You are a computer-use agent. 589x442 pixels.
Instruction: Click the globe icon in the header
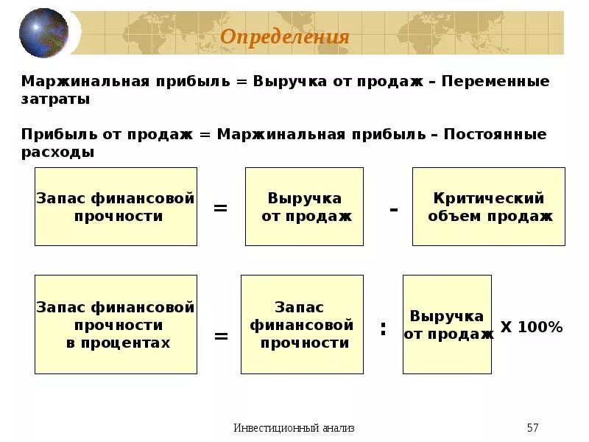click(43, 32)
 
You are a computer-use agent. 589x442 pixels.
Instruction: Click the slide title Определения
click(285, 36)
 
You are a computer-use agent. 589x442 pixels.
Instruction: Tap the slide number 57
click(533, 428)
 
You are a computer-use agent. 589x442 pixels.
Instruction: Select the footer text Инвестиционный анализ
click(294, 428)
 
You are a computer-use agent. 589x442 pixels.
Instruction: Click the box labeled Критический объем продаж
click(488, 207)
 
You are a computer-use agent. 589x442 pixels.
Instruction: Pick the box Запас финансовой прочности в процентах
click(116, 324)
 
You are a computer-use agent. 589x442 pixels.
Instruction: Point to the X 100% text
click(532, 327)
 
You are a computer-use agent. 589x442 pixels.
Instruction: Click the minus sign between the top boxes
click(394, 209)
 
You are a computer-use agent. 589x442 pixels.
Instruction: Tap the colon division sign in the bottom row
click(383, 329)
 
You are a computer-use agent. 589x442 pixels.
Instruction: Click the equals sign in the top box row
click(220, 208)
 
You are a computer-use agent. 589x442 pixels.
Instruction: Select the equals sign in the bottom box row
click(221, 336)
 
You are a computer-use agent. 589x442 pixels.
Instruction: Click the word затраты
click(55, 99)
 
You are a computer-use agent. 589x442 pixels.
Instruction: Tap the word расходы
click(57, 152)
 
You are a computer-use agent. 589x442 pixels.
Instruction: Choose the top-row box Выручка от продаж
click(304, 207)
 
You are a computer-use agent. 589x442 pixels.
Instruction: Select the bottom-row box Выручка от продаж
click(447, 324)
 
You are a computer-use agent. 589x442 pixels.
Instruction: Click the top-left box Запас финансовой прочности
click(116, 207)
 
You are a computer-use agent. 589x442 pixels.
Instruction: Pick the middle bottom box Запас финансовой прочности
click(302, 324)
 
